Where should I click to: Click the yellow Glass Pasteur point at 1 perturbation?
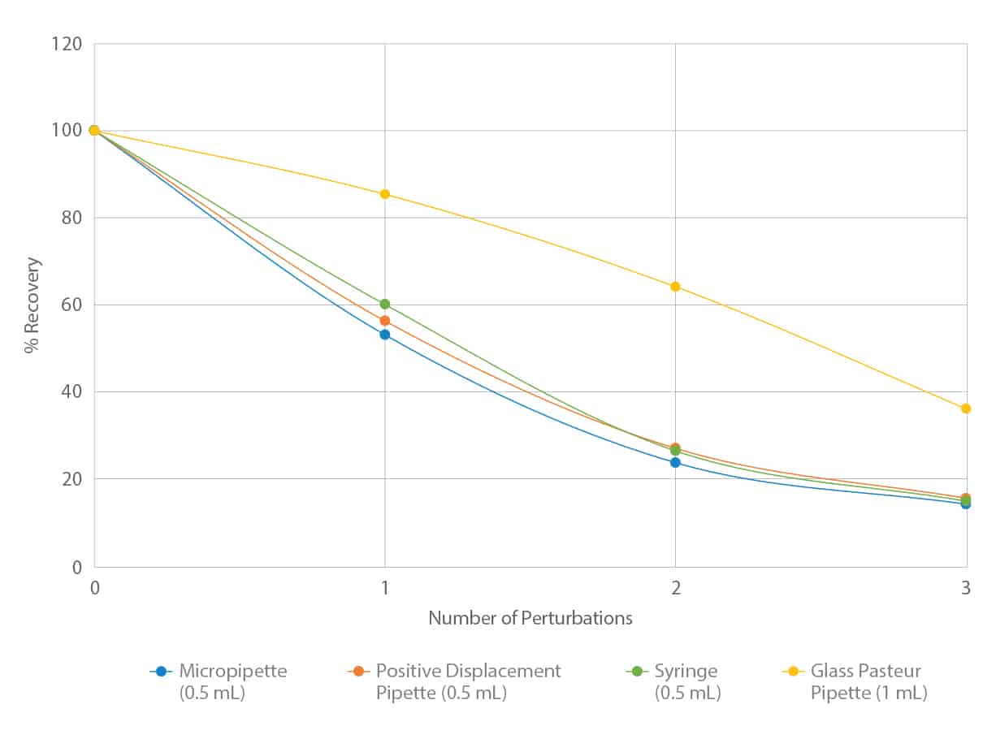385,194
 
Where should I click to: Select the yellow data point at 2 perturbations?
675,287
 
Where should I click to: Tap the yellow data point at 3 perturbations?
966,408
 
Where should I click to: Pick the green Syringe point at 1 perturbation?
385,305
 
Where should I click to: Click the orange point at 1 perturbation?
385,321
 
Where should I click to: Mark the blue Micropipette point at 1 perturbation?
385,335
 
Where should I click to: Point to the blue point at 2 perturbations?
675,462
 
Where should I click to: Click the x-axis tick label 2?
675,590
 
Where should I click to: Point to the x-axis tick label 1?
385,590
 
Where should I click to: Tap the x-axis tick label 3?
966,590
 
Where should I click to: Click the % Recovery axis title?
32,305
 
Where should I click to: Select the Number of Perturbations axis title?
530,618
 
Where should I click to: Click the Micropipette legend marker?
161,672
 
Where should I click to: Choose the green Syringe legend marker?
637,672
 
